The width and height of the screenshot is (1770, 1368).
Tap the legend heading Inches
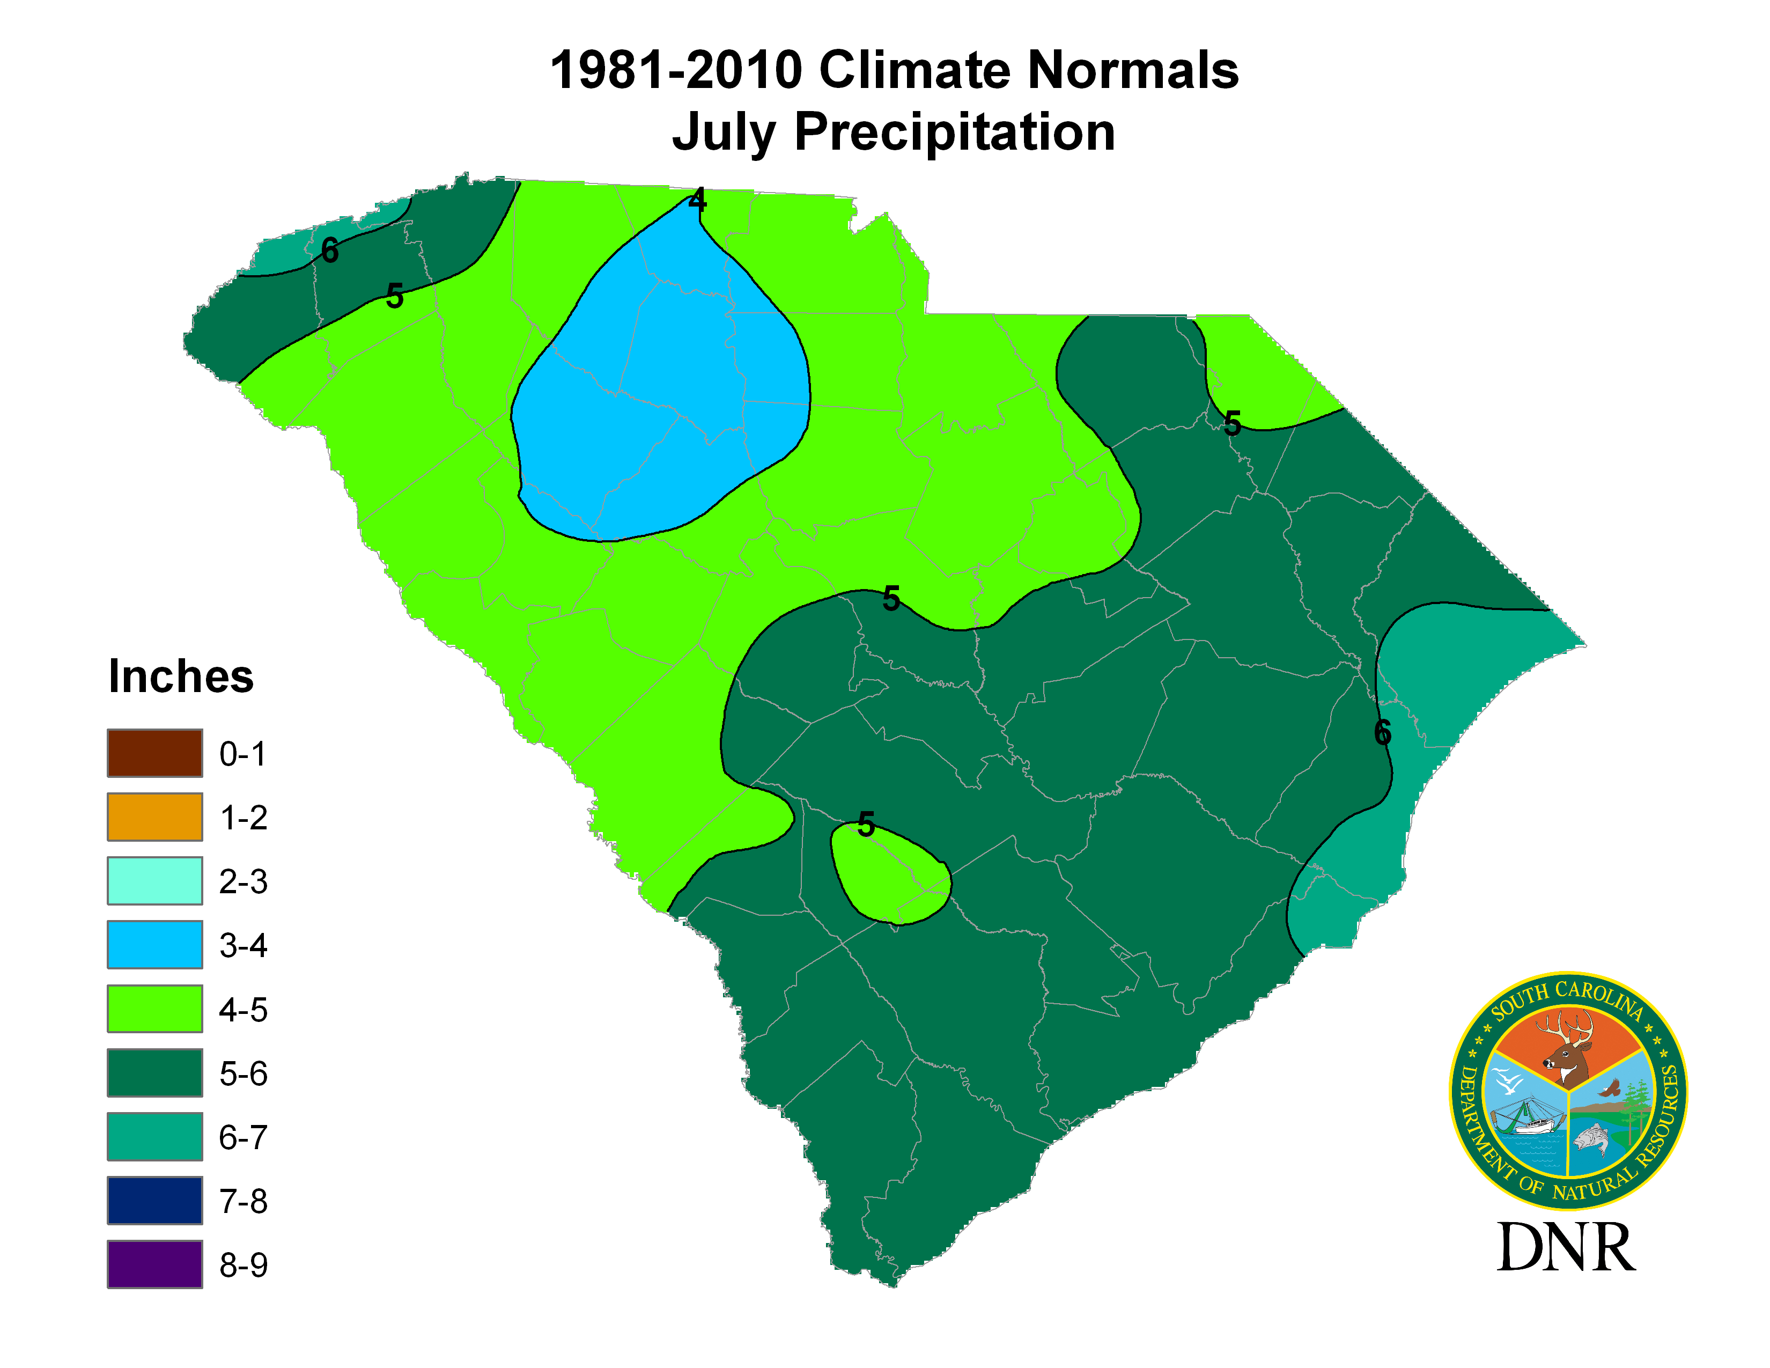tap(181, 676)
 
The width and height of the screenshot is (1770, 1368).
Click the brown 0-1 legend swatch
tap(155, 753)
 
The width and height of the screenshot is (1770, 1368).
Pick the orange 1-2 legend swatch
tap(155, 817)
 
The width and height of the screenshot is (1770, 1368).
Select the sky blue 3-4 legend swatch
tap(155, 944)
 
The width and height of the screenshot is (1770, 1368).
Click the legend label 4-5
tap(243, 1010)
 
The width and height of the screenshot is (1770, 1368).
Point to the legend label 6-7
tap(243, 1137)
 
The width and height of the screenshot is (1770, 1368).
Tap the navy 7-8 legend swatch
tap(155, 1200)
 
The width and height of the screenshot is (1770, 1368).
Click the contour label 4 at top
tap(697, 200)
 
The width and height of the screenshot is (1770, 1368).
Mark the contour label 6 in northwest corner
tap(329, 251)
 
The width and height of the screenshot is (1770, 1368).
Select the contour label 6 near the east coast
tap(1383, 733)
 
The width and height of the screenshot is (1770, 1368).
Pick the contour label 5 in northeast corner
tap(1232, 423)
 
